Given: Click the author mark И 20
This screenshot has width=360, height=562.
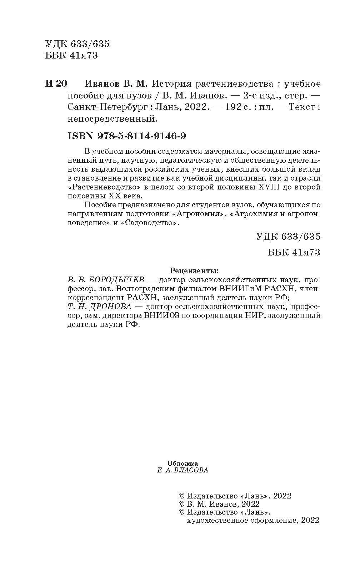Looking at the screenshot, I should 56,84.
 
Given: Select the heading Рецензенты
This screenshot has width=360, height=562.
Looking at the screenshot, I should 194,269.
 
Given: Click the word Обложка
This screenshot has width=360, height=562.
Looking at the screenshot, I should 182,463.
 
